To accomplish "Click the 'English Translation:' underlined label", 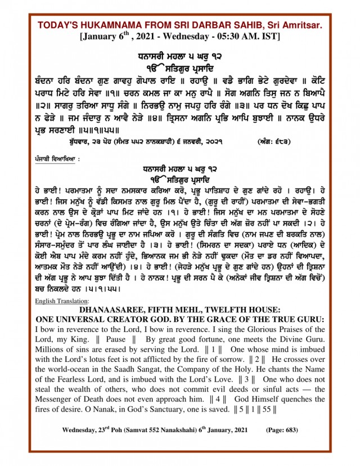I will coord(58,301).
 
